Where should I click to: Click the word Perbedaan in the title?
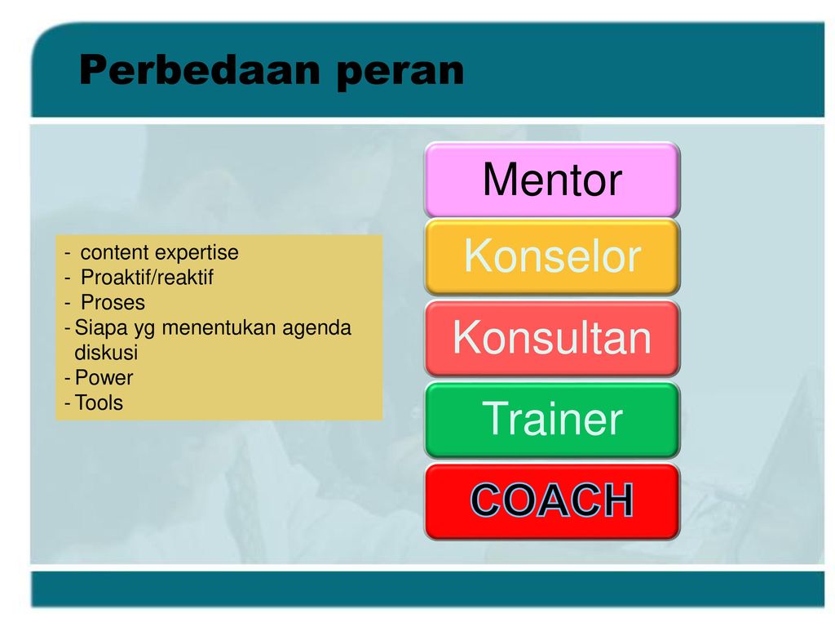point(200,70)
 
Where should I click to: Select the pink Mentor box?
point(552,180)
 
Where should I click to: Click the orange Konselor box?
point(552,256)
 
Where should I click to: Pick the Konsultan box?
point(552,338)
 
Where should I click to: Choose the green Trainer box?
point(552,420)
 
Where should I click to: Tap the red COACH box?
point(552,501)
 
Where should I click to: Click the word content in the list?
point(114,252)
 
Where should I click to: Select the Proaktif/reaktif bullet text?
point(147,278)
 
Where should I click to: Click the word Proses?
point(113,302)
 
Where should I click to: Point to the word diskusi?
point(106,353)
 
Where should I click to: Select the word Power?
point(104,377)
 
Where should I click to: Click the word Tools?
point(99,402)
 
